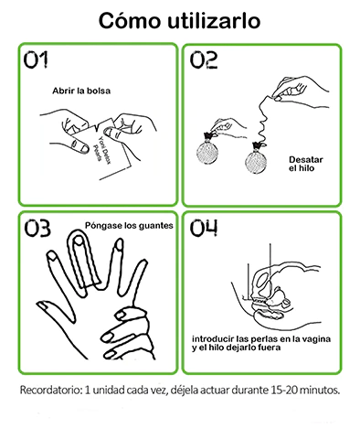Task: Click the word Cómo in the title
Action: (x=130, y=21)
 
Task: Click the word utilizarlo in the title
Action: (x=214, y=21)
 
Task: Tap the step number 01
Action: (x=36, y=59)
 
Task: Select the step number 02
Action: (x=204, y=59)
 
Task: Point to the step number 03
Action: (x=37, y=229)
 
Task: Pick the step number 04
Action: (x=204, y=228)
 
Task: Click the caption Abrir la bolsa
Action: (x=81, y=91)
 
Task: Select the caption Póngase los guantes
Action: (x=129, y=226)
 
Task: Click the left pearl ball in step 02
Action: (x=207, y=153)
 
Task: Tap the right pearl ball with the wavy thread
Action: (x=256, y=161)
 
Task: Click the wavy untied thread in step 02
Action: (x=262, y=121)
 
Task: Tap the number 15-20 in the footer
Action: (x=281, y=390)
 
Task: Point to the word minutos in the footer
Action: (x=316, y=390)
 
